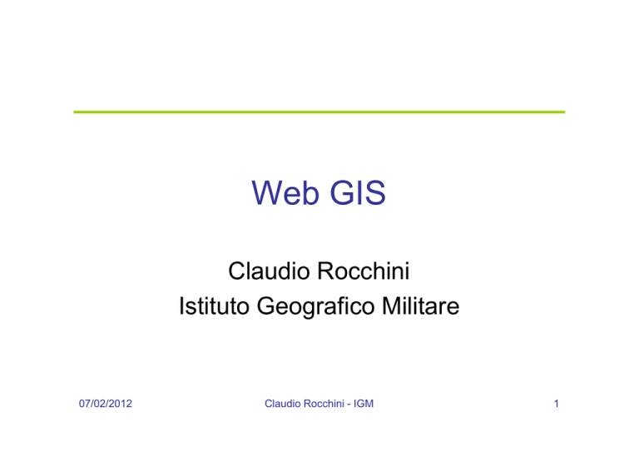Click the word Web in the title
[x=285, y=193]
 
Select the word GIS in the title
[x=358, y=193]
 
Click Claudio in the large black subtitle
[x=269, y=271]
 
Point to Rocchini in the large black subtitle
[x=364, y=271]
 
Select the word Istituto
[x=215, y=306]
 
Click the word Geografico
[x=315, y=307]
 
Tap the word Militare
[x=420, y=306]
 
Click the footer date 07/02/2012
[x=106, y=404]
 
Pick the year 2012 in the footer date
[x=121, y=404]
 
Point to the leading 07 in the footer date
[x=84, y=404]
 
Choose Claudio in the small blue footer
[x=283, y=404]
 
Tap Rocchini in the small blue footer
[x=324, y=404]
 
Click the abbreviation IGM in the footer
[x=364, y=404]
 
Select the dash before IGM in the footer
[x=349, y=405]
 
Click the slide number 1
[x=557, y=404]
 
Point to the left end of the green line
[x=74, y=112]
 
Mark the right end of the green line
[x=565, y=112]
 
